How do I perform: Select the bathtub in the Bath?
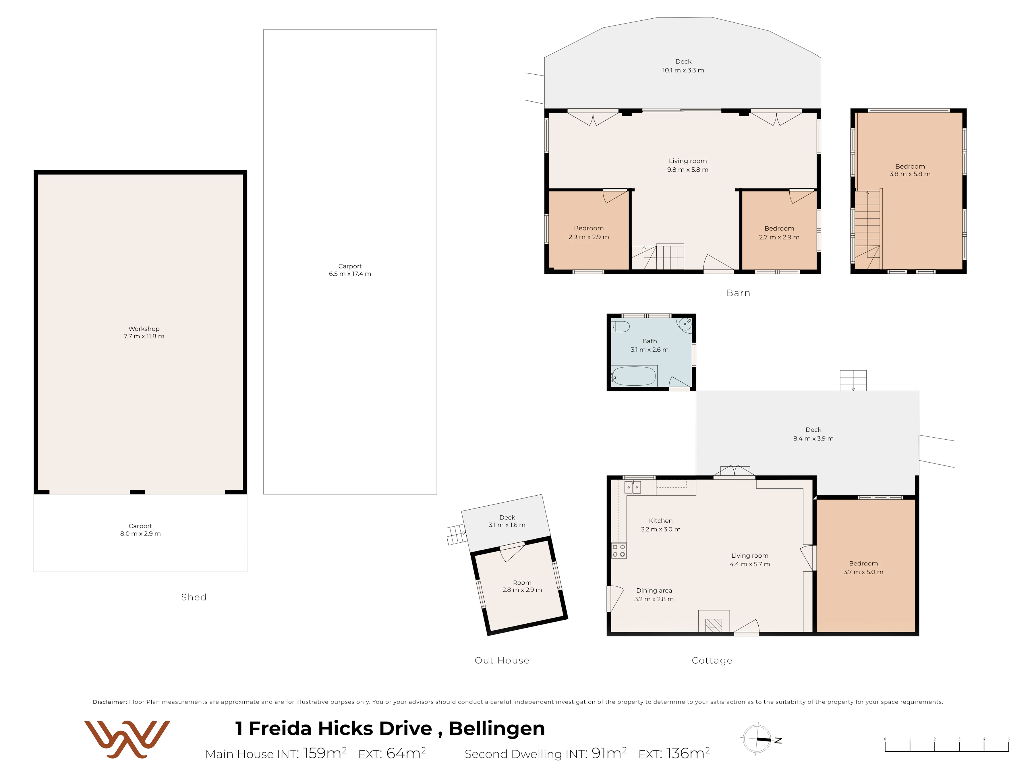(634, 376)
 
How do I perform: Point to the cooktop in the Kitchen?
(619, 551)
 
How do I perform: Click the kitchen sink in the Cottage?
(633, 487)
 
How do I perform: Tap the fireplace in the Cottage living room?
(714, 621)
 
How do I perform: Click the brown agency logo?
(127, 739)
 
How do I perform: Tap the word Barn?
(738, 293)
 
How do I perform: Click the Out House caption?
(502, 660)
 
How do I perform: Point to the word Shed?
(194, 597)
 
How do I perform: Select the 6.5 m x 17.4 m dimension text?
(350, 274)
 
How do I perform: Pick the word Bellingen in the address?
(497, 729)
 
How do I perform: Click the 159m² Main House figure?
(324, 753)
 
